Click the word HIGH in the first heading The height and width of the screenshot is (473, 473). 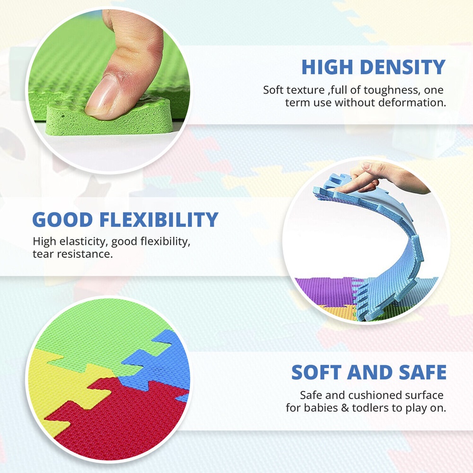327,67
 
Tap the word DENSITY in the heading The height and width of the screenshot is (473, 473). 403,67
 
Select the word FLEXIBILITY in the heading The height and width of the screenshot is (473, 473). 158,219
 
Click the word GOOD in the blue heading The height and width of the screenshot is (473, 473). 62,219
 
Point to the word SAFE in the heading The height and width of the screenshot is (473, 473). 422,372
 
